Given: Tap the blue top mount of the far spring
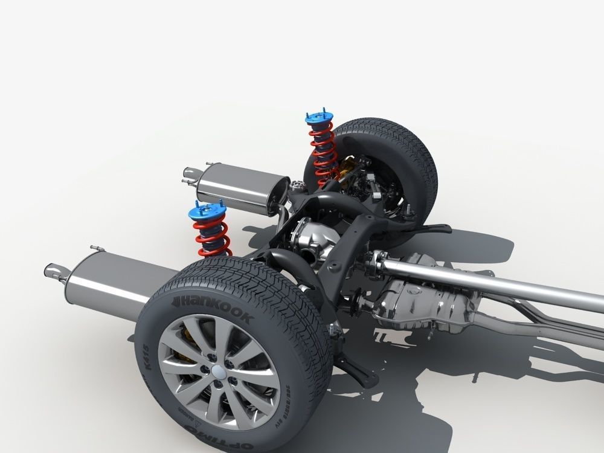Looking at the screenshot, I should click(x=320, y=118).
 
